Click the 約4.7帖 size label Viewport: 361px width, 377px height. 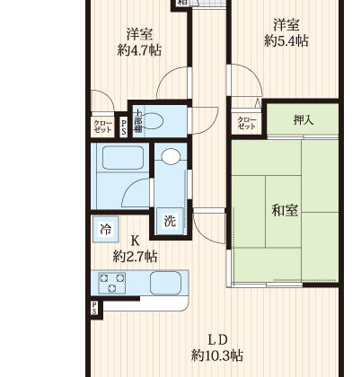139,50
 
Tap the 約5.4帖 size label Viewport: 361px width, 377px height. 286,40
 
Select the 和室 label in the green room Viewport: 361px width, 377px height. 285,210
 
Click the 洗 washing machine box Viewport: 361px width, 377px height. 169,219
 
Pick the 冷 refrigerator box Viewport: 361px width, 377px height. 104,230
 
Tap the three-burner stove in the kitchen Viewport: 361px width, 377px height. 115,285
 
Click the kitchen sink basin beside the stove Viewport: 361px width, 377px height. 168,285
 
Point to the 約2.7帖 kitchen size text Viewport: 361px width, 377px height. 135,256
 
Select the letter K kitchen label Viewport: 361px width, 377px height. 136,241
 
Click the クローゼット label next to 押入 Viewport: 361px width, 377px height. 245,123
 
